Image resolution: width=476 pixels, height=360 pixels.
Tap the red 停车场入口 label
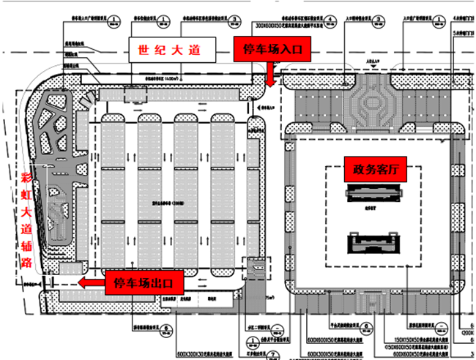pos(272,50)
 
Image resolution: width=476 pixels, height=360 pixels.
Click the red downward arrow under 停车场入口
pos(270,74)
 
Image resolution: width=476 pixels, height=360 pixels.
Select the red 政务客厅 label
pos(374,169)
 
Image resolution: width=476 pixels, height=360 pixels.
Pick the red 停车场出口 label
pos(144,282)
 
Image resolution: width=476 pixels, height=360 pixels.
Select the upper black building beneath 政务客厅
pos(375,193)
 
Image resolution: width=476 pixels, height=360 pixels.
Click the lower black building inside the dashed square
pos(375,242)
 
